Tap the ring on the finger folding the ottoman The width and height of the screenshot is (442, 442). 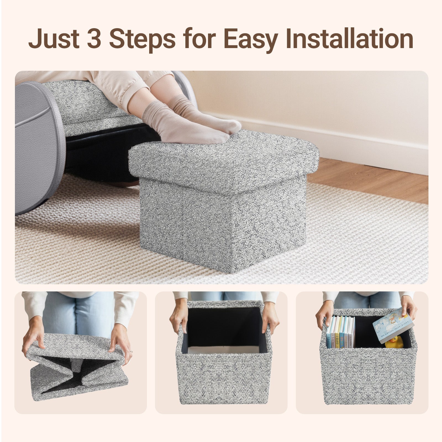point(131,351)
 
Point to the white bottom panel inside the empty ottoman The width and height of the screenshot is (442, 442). point(224,349)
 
